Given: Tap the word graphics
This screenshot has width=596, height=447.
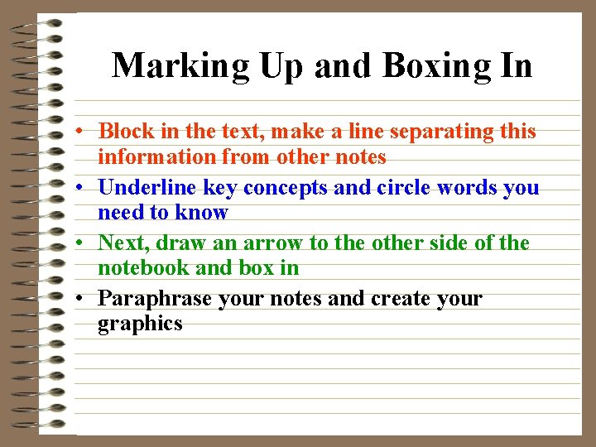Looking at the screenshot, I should click(140, 324).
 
